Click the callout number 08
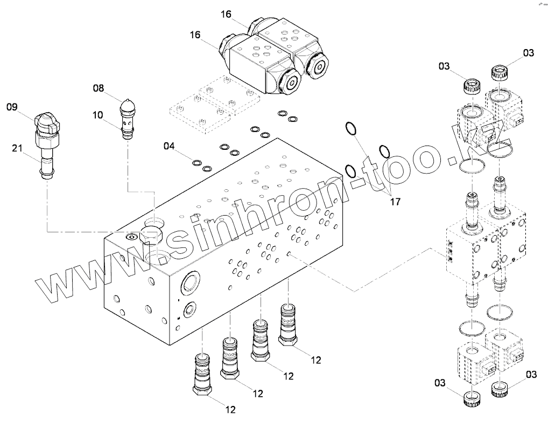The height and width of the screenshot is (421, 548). click(x=98, y=88)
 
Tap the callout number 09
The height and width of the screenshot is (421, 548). click(x=12, y=107)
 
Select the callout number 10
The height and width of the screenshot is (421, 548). click(x=98, y=114)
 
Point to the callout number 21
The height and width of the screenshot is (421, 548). click(x=17, y=149)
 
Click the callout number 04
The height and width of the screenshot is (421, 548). click(x=170, y=146)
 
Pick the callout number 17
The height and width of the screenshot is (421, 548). click(x=396, y=202)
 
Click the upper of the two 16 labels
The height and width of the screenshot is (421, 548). click(x=226, y=15)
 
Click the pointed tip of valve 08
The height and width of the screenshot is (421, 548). click(x=128, y=101)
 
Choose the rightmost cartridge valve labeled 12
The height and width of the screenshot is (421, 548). click(x=287, y=323)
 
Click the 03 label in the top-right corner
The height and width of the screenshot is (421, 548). click(x=529, y=52)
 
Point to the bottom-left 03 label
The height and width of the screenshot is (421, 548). click(x=440, y=383)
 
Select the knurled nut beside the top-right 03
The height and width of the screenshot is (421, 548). click(x=500, y=71)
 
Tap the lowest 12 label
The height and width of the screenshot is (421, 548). click(x=230, y=410)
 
